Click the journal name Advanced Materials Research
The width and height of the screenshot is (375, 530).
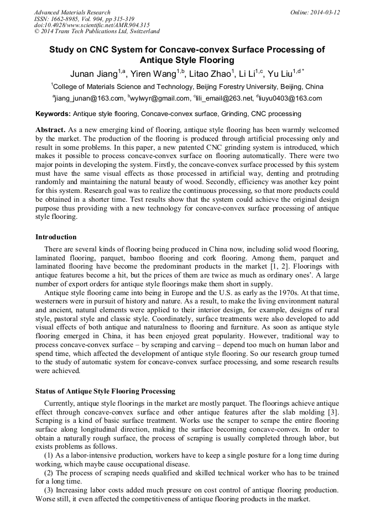[72, 12]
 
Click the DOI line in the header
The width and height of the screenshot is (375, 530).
[92, 25]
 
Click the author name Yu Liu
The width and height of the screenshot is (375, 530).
[280, 74]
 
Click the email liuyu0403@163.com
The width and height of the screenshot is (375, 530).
[291, 99]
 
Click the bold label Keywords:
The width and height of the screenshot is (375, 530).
[53, 114]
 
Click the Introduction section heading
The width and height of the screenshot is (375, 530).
[56, 237]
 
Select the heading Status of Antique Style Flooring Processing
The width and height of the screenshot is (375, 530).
[105, 391]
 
